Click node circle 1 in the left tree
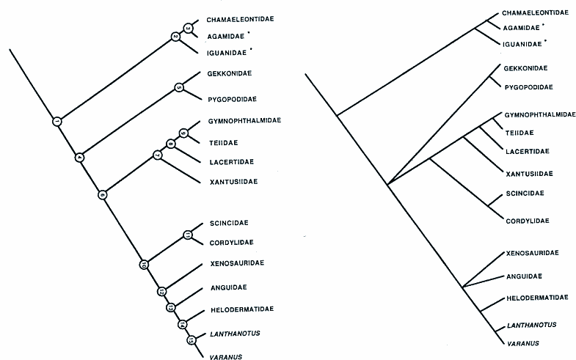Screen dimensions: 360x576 (57, 121)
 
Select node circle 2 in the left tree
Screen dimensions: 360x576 (175, 36)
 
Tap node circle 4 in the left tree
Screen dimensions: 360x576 (80, 157)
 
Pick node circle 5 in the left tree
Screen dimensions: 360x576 (180, 88)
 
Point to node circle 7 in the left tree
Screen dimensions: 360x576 (156, 155)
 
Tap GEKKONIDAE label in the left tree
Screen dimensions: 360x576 (230, 74)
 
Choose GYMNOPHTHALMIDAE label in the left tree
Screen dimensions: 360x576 (243, 120)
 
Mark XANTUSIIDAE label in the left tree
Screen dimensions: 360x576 (233, 181)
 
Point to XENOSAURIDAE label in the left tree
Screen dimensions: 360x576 (236, 262)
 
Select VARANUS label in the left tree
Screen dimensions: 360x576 (225, 356)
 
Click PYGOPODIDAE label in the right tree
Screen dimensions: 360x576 (528, 87)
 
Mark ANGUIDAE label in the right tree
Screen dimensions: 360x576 (522, 276)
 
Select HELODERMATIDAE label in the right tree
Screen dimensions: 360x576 (537, 298)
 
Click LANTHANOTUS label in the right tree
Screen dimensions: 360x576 (530, 325)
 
